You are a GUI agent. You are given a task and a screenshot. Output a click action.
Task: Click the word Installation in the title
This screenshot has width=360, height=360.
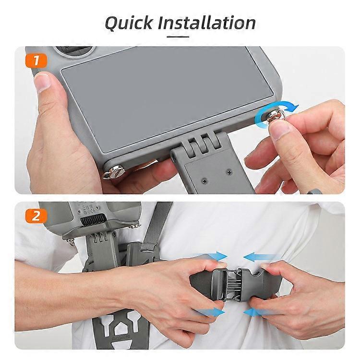click(x=210, y=23)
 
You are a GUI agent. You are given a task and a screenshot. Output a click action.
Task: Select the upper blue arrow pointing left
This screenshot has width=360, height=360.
click(x=259, y=257)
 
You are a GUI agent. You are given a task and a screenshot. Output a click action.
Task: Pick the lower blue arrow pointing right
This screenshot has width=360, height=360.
click(x=211, y=312)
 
